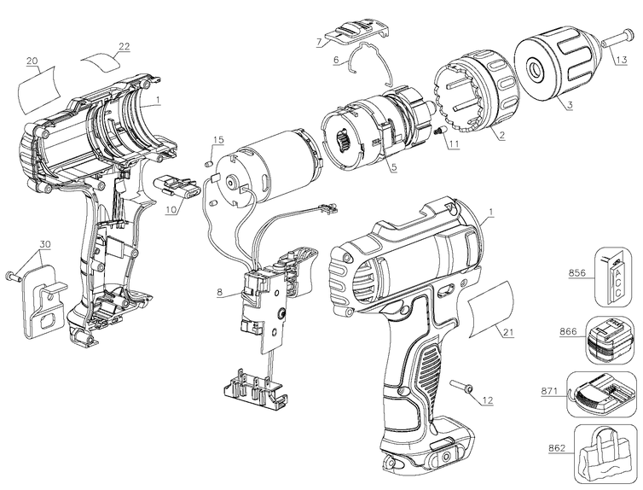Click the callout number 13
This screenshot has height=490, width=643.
point(621,60)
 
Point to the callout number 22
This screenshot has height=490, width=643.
point(124,46)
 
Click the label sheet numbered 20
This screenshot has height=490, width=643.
point(38,89)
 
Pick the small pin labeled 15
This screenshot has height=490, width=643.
point(207,163)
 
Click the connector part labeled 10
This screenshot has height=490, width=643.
point(177,190)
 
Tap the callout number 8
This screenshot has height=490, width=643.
point(220,293)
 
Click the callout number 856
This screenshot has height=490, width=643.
point(577,273)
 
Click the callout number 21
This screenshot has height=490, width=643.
point(507,332)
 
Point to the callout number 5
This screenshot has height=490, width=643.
point(394,167)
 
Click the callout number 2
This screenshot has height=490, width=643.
point(501,135)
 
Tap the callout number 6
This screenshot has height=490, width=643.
point(336,60)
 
